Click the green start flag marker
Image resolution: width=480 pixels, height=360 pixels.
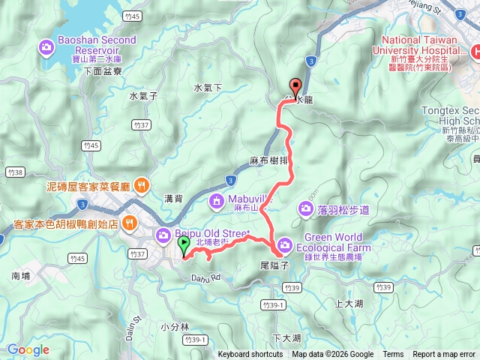[184, 244]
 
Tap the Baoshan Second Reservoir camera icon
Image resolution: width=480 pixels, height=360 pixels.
[46, 49]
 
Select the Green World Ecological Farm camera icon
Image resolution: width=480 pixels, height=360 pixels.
[286, 244]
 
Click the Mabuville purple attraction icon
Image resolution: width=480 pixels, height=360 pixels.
[217, 200]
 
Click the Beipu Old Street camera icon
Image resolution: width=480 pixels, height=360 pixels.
[164, 236]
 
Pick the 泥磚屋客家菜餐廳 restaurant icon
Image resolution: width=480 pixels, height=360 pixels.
[142, 185]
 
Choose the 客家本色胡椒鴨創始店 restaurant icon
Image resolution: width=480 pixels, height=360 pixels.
[129, 223]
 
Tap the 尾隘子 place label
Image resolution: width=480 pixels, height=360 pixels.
[274, 265]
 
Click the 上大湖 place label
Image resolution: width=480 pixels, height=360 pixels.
[349, 304]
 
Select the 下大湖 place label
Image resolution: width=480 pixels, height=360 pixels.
[286, 338]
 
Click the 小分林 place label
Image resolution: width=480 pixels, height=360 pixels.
[175, 326]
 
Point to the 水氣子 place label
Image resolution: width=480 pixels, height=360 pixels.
[142, 96]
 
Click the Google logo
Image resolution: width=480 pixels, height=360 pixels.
[28, 349]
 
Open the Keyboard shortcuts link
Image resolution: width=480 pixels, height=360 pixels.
[250, 355]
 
